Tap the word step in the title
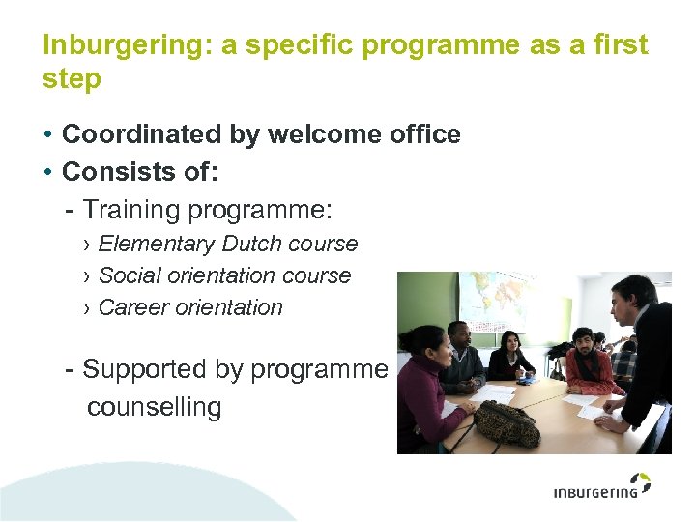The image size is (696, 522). [72, 80]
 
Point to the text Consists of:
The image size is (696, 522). [140, 172]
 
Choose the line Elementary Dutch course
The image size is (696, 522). [228, 244]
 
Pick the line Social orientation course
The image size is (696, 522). [224, 275]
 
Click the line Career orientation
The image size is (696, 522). [190, 307]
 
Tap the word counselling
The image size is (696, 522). [154, 407]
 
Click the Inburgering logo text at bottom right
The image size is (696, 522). [594, 492]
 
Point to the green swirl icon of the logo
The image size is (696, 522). [640, 480]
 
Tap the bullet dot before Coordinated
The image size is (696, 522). [47, 135]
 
